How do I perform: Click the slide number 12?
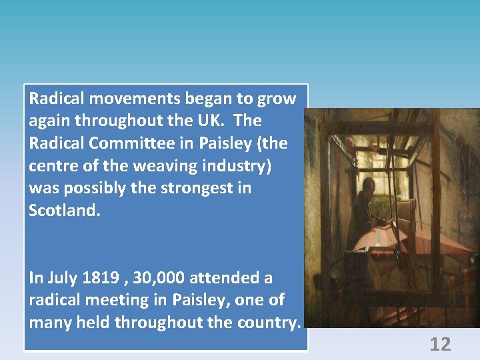(x=440, y=344)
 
